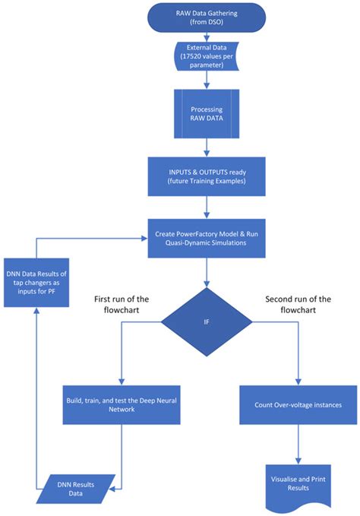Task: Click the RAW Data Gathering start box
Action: (x=207, y=17)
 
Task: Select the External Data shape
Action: (x=207, y=56)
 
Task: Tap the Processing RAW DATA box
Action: (x=207, y=113)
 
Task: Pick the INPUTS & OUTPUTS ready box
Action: (x=207, y=176)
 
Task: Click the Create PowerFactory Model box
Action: (x=207, y=239)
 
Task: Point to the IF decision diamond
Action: (x=207, y=322)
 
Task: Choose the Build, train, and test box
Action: (x=122, y=405)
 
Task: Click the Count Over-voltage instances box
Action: (x=298, y=405)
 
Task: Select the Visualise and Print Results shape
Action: (x=298, y=486)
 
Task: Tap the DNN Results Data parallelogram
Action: (x=76, y=489)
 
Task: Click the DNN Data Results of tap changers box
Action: (x=36, y=283)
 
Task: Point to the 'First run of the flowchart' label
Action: (x=122, y=305)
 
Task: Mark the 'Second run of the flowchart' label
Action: (x=298, y=305)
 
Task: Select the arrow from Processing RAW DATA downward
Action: (x=207, y=147)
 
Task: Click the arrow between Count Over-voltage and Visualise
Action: (x=298, y=445)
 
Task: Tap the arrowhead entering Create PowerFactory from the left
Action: (x=144, y=239)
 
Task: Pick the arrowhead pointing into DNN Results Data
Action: (x=112, y=489)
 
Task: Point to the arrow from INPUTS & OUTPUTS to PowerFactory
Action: (x=207, y=207)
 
